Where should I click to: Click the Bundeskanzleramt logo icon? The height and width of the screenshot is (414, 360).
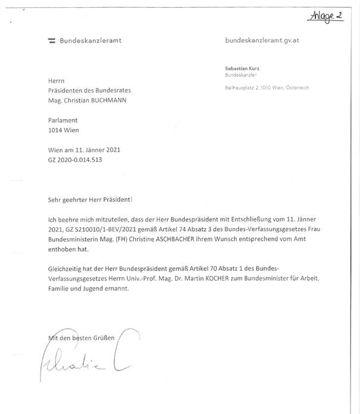(x=52, y=41)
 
